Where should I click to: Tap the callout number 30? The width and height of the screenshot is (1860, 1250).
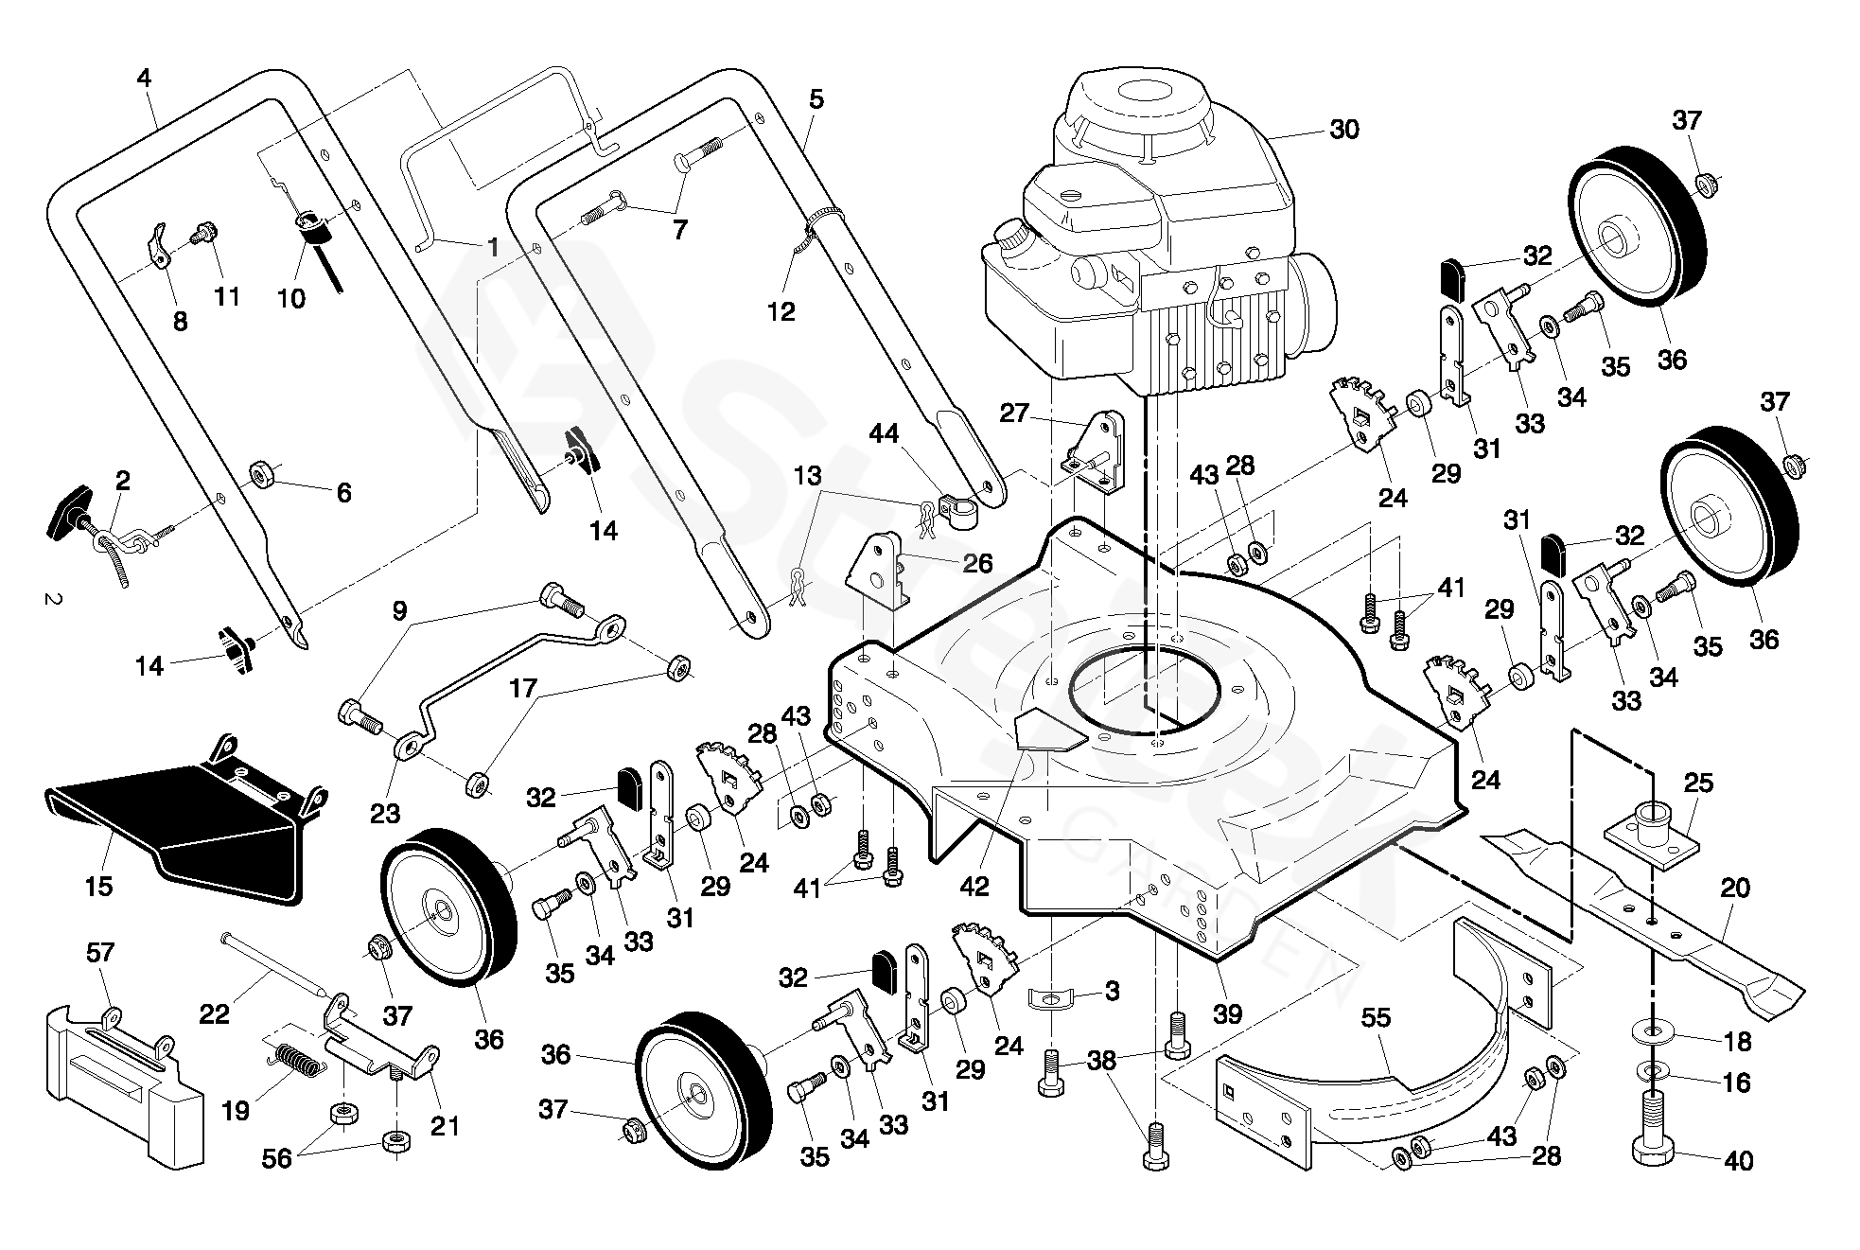(1343, 130)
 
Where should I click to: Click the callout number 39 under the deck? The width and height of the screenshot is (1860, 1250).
(1227, 1013)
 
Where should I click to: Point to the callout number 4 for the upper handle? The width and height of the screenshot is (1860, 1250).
(144, 78)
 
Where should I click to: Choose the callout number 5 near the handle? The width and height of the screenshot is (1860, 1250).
(816, 98)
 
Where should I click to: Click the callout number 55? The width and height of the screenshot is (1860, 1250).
(1376, 1018)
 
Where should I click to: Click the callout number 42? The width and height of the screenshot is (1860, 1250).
(974, 887)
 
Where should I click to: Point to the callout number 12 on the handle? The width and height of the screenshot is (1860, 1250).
(781, 310)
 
